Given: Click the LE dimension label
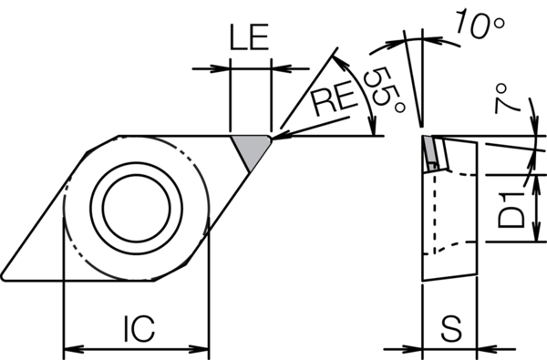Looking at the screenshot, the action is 249,37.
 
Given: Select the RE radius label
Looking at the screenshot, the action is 335,99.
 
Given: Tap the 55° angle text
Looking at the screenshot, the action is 385,89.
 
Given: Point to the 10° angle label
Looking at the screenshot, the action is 480,23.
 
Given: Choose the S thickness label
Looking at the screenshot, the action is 450,329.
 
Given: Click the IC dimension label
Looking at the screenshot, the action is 139,329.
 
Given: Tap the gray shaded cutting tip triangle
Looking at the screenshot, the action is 252,150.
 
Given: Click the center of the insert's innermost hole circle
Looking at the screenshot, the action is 137,208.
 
